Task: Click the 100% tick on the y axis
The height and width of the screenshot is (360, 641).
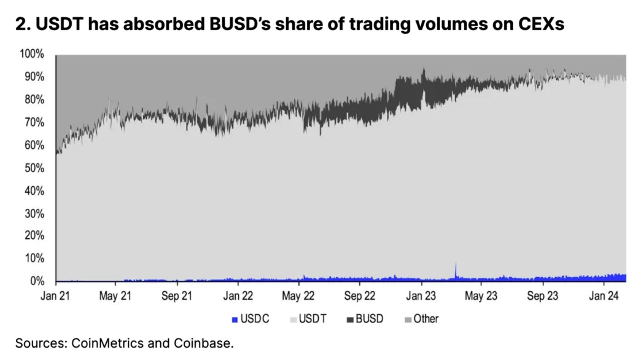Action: (x=32, y=54)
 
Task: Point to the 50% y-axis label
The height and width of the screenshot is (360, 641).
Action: (x=34, y=168)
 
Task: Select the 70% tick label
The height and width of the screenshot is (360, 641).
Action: (x=34, y=122)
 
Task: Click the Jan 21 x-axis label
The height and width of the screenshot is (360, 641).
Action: (x=56, y=296)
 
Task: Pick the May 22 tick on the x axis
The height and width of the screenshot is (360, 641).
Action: (x=299, y=296)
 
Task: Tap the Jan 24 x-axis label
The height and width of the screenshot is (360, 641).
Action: (x=603, y=296)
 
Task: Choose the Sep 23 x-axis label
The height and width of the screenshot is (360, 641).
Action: (x=543, y=296)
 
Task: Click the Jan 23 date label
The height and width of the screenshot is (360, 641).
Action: (x=421, y=296)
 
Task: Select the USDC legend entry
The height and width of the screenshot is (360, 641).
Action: (x=251, y=319)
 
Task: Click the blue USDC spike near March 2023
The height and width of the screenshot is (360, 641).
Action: (x=456, y=268)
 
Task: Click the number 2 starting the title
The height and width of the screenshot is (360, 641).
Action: (x=21, y=25)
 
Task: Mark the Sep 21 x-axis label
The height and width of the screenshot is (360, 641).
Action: (x=177, y=296)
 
